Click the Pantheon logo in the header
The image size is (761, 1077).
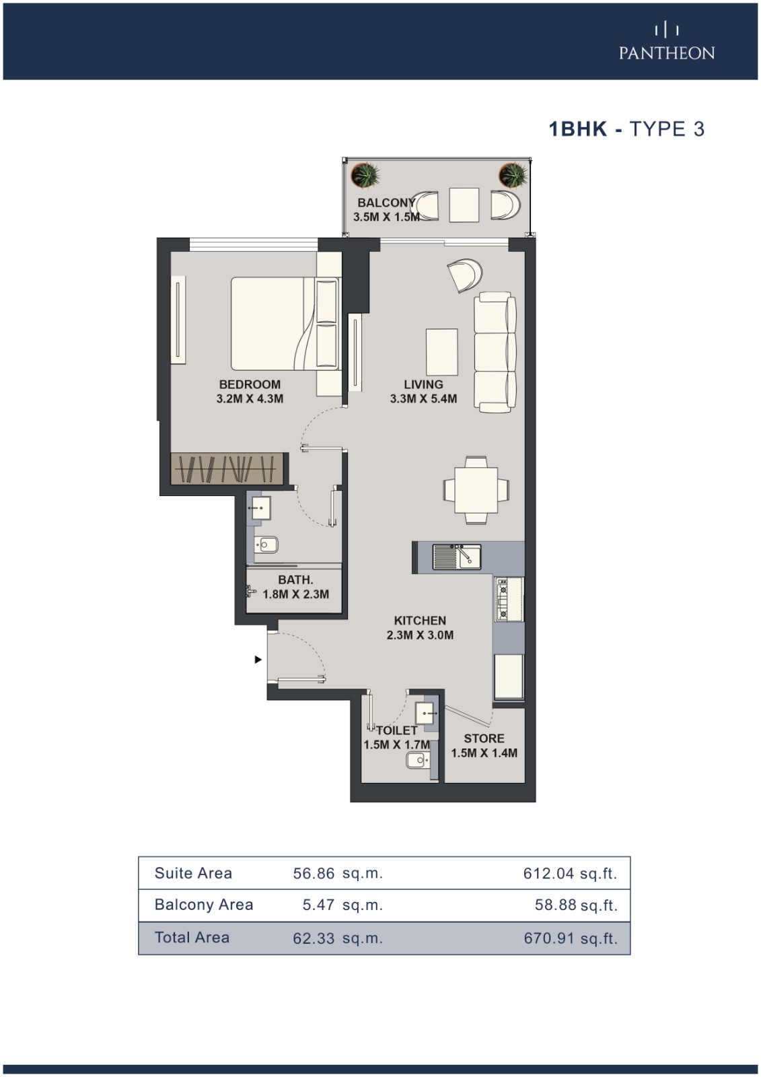click(x=666, y=42)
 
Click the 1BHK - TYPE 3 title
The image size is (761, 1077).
click(x=626, y=129)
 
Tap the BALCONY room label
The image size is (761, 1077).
click(x=386, y=203)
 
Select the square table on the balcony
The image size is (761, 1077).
click(x=464, y=205)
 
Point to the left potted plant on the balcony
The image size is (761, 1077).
click(x=365, y=175)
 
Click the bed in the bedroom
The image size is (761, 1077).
click(x=285, y=324)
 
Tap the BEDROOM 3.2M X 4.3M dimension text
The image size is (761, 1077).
click(x=250, y=392)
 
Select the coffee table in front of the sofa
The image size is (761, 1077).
click(x=441, y=352)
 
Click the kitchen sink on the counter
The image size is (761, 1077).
click(x=457, y=557)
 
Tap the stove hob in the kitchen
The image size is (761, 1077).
click(x=503, y=600)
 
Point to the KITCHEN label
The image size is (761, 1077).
click(x=420, y=621)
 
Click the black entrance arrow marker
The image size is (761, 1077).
click(x=258, y=660)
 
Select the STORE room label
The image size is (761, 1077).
click(x=484, y=738)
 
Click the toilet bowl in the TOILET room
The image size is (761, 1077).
click(x=416, y=760)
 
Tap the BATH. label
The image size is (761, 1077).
click(x=295, y=580)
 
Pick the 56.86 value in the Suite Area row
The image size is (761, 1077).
click(x=314, y=874)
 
